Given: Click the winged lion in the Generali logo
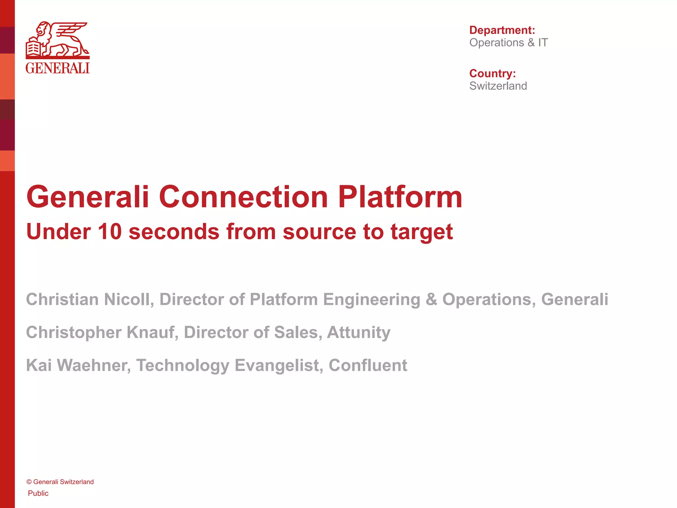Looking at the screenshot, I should point(63,40).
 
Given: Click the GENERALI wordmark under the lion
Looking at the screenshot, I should point(58,68).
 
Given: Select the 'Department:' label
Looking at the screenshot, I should point(502,30).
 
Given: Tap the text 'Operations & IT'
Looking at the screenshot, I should point(508,43).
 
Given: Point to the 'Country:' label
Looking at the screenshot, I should point(492,73).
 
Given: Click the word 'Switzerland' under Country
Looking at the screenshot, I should point(498,86).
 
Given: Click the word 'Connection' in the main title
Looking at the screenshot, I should point(243,197).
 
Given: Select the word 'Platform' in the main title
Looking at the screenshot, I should point(400,197).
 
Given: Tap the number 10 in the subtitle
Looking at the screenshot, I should point(110,232).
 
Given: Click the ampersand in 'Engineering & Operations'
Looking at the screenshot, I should point(431,299).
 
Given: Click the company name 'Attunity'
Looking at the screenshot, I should point(359,332).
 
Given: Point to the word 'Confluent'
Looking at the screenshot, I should point(368,365).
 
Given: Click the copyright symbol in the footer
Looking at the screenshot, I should point(29,482).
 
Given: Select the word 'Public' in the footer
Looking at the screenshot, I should point(38,493).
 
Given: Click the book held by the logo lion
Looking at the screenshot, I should point(33,48).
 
